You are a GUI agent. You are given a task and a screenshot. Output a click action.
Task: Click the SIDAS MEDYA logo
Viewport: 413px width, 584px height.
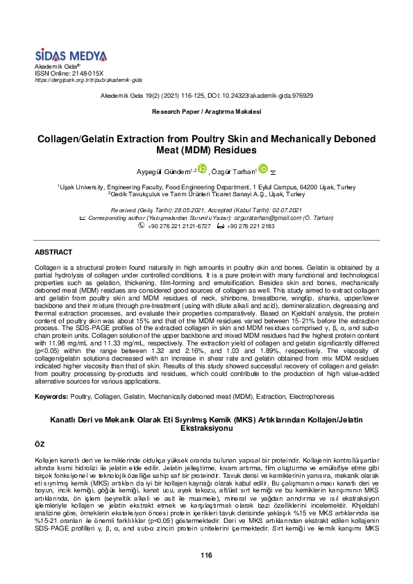(x=71, y=55)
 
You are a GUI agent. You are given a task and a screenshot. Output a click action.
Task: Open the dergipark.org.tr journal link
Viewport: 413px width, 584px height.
(x=88, y=80)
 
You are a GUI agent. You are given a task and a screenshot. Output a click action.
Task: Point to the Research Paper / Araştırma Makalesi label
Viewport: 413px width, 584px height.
(x=206, y=112)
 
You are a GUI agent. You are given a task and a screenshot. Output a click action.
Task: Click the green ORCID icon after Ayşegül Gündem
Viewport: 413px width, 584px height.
(x=203, y=169)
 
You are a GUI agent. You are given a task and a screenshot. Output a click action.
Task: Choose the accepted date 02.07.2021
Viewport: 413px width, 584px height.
(x=286, y=210)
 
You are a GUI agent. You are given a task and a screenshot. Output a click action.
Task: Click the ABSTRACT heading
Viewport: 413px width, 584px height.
(x=53, y=252)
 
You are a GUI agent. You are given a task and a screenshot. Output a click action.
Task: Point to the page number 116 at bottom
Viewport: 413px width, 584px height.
(x=206, y=555)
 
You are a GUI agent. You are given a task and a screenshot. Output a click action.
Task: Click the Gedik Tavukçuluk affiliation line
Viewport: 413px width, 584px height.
(x=206, y=195)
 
